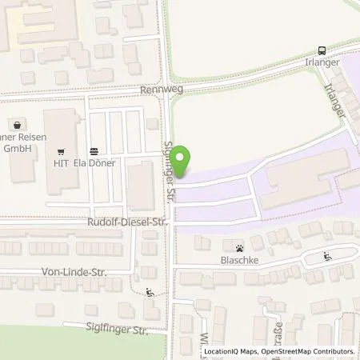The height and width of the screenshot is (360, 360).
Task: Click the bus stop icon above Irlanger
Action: [322, 49]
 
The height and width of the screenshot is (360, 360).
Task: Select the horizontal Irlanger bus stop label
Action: [322, 62]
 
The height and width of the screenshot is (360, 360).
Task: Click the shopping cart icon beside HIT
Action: [61, 150]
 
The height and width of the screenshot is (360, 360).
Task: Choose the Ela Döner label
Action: [95, 162]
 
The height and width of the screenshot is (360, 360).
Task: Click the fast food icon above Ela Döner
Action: [94, 150]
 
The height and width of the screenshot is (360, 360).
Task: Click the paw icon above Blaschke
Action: [239, 247]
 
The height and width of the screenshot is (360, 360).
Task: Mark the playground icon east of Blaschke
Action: [329, 257]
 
